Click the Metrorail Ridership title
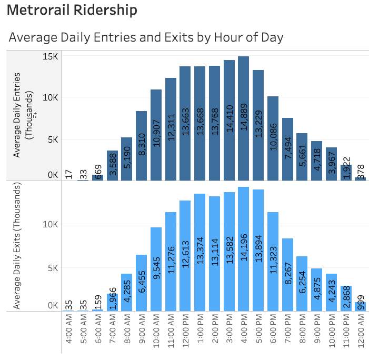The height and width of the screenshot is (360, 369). [x=73, y=10]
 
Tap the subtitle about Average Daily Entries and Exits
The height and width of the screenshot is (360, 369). [x=146, y=37]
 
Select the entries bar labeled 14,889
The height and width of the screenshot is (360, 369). [x=243, y=118]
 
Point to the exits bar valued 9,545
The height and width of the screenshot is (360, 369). [x=156, y=269]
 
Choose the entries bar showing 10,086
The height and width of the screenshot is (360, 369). [x=273, y=138]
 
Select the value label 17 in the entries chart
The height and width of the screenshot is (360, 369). [x=69, y=174]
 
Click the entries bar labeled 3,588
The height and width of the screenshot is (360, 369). [x=112, y=165]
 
